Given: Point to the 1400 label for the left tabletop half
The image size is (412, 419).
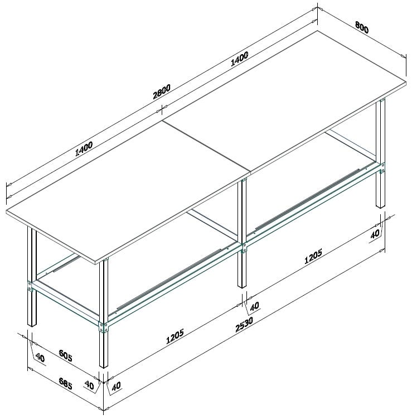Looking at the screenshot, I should pyautogui.click(x=83, y=150).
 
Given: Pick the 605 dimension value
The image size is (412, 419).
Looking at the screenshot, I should pyautogui.click(x=66, y=355).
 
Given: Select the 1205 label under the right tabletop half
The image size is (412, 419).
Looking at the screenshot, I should pyautogui.click(x=313, y=254).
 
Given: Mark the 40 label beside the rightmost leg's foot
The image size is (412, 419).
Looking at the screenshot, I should pyautogui.click(x=375, y=234).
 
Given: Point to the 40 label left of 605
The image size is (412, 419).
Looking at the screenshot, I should pyautogui.click(x=40, y=356).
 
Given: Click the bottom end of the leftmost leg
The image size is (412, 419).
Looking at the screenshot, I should pyautogui.click(x=32, y=325).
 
